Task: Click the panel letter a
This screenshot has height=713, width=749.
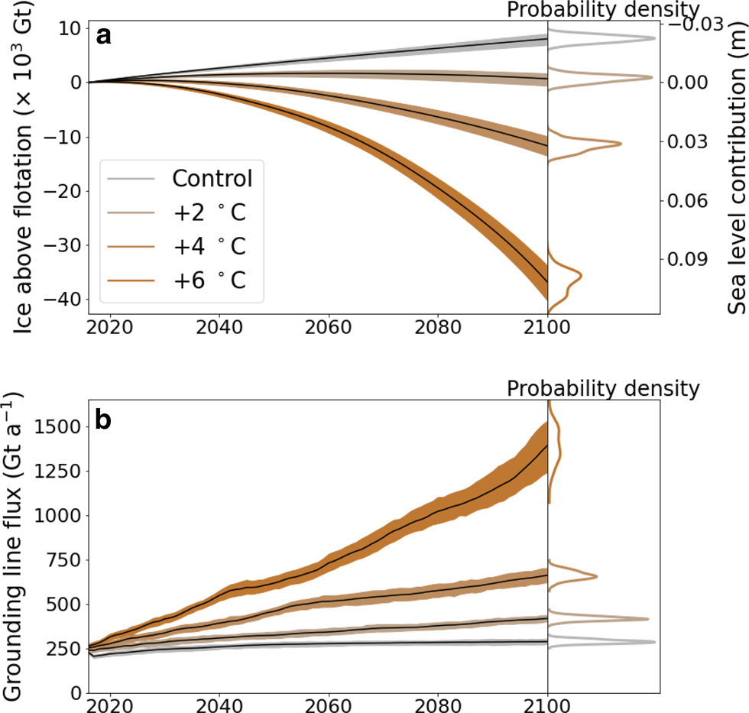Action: coord(105,35)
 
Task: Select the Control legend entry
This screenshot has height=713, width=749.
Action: coord(212,179)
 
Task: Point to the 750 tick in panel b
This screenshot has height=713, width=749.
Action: coord(63,560)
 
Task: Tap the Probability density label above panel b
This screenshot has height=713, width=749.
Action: coord(603,388)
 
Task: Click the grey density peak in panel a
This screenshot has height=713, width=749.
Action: coord(654,38)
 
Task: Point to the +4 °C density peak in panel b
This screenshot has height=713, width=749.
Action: coord(596,576)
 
